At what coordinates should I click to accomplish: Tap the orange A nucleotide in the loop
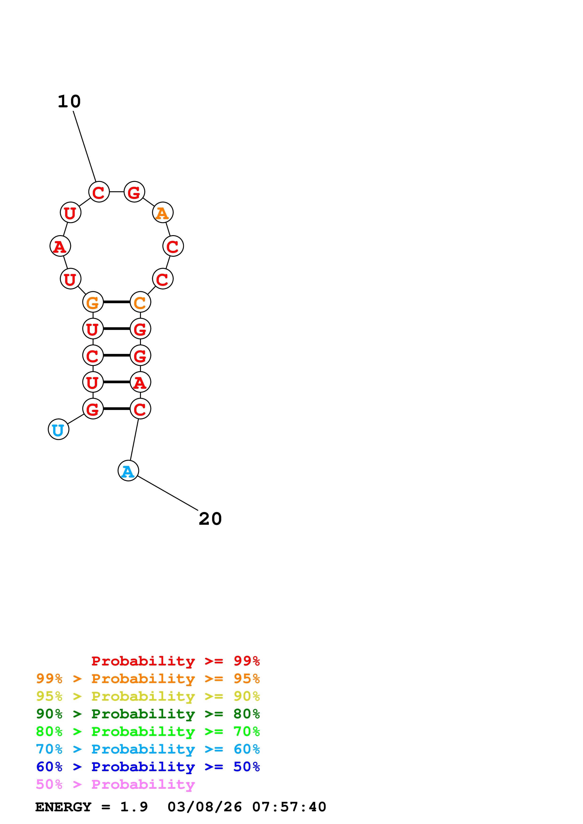pyautogui.click(x=163, y=213)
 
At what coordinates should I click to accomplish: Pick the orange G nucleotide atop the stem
pyautogui.click(x=93, y=302)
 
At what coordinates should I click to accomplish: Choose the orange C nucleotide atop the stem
pyautogui.click(x=140, y=302)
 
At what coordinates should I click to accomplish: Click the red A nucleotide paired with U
pyautogui.click(x=140, y=382)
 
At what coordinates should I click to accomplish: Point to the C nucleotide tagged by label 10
pyautogui.click(x=99, y=192)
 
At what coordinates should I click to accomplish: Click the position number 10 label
pyautogui.click(x=69, y=101)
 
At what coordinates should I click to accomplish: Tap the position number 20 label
pyautogui.click(x=210, y=519)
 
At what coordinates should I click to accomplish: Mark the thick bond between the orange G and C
pyautogui.click(x=116, y=302)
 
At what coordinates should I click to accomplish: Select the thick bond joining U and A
pyautogui.click(x=116, y=382)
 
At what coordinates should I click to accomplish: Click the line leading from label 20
pyautogui.click(x=168, y=493)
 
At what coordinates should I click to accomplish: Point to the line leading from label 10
pyautogui.click(x=84, y=146)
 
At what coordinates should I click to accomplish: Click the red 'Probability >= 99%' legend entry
pyautogui.click(x=175, y=661)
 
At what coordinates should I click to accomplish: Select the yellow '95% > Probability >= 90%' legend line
pyautogui.click(x=148, y=696)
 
